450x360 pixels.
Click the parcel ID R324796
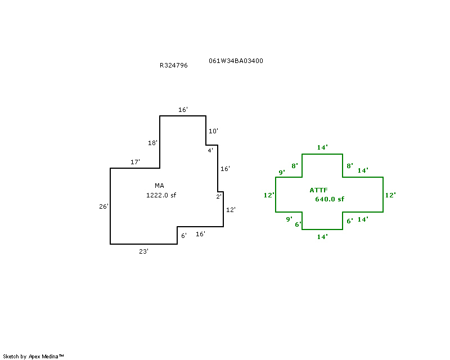pos(174,65)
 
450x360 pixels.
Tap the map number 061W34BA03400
pos(236,61)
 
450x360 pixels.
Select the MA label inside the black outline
pos(159,186)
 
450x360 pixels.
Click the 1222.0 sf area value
pos(161,195)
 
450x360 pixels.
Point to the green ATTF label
pos(318,190)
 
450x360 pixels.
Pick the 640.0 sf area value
pos(330,199)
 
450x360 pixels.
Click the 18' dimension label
pos(152,143)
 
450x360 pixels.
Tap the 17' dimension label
pos(135,162)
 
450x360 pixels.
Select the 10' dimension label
pos(213,131)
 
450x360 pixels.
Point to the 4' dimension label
pos(210,150)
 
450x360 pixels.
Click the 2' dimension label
pos(219,197)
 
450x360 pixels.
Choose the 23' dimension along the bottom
pos(143,251)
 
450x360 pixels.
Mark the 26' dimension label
pos(103,206)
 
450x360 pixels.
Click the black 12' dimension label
pos(231,210)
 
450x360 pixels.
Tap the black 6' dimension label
pos(184,236)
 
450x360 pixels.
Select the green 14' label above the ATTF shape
pos(322,147)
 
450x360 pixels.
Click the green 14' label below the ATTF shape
pos(322,237)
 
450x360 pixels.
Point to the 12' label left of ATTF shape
pos(269,195)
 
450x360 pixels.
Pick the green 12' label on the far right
pos(390,195)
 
